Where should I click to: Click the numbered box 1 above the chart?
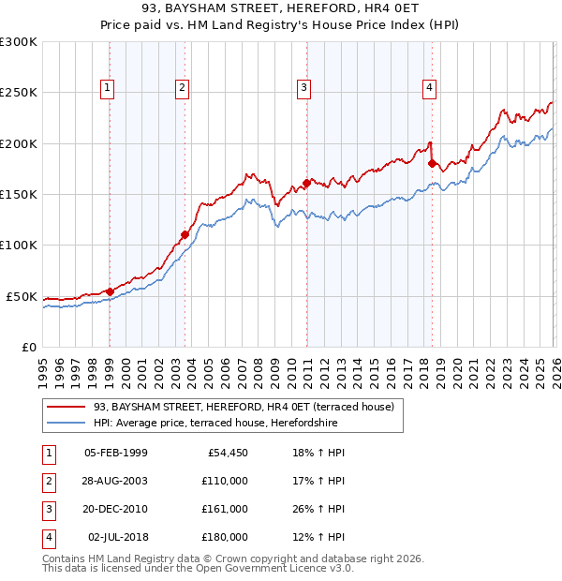(x=109, y=89)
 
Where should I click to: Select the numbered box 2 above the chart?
(x=182, y=89)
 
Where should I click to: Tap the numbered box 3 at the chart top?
(x=304, y=89)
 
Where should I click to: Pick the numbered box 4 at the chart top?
(x=429, y=89)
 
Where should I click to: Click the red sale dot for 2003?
(x=185, y=234)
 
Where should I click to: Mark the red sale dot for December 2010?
(x=306, y=184)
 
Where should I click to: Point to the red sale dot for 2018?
(x=432, y=163)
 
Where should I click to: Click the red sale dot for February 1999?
(x=110, y=291)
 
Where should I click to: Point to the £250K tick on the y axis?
(x=19, y=93)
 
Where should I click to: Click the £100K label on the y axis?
(x=19, y=245)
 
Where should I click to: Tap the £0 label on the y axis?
(x=26, y=347)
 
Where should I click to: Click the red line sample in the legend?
(x=67, y=407)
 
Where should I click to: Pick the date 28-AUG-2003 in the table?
(x=115, y=480)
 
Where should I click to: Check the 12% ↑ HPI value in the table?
(x=318, y=537)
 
